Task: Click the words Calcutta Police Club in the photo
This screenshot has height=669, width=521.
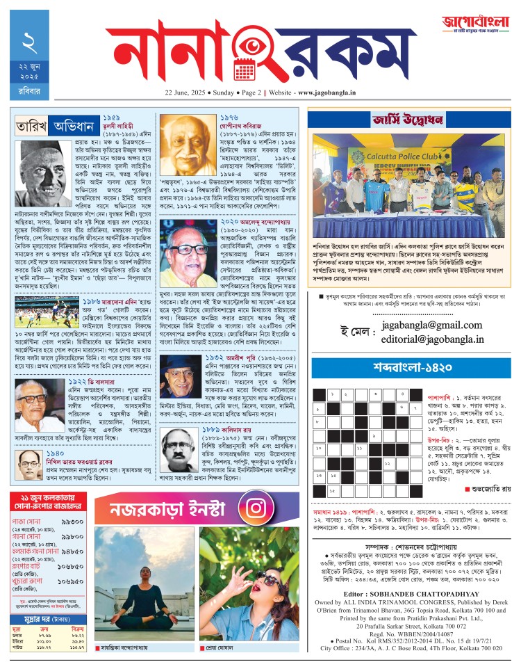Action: click(408, 155)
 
